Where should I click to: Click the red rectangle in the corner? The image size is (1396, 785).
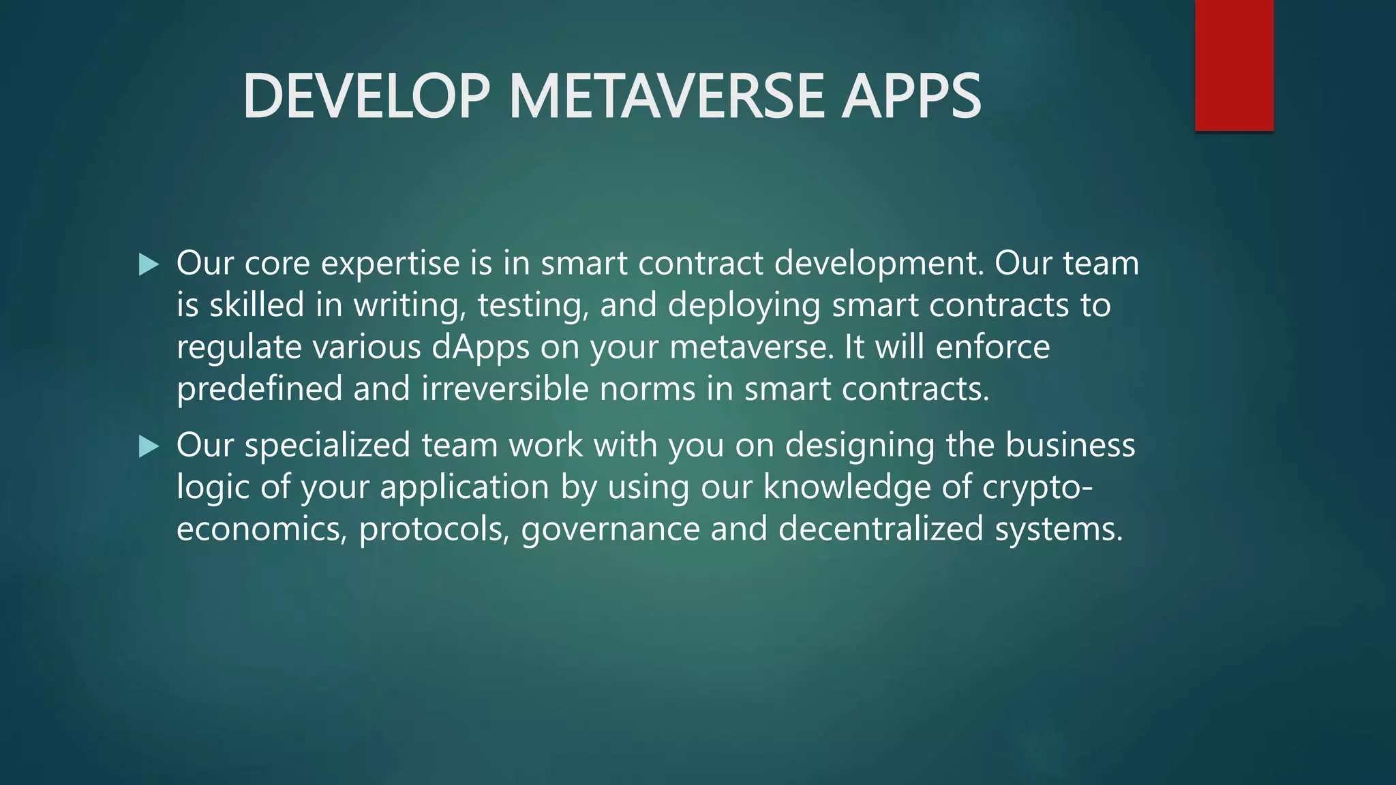(x=1234, y=65)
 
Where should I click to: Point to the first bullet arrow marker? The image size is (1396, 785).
(x=148, y=264)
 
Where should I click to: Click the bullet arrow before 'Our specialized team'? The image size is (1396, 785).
(x=148, y=447)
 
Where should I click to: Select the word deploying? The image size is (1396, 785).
(x=744, y=306)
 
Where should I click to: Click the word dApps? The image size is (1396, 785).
(x=481, y=348)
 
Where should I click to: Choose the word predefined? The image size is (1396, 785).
(x=259, y=389)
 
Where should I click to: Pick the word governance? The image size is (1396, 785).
(x=610, y=529)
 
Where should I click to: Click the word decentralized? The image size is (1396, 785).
(x=881, y=529)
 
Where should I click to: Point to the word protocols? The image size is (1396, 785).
(x=434, y=529)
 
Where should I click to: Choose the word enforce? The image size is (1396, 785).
(x=992, y=348)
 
